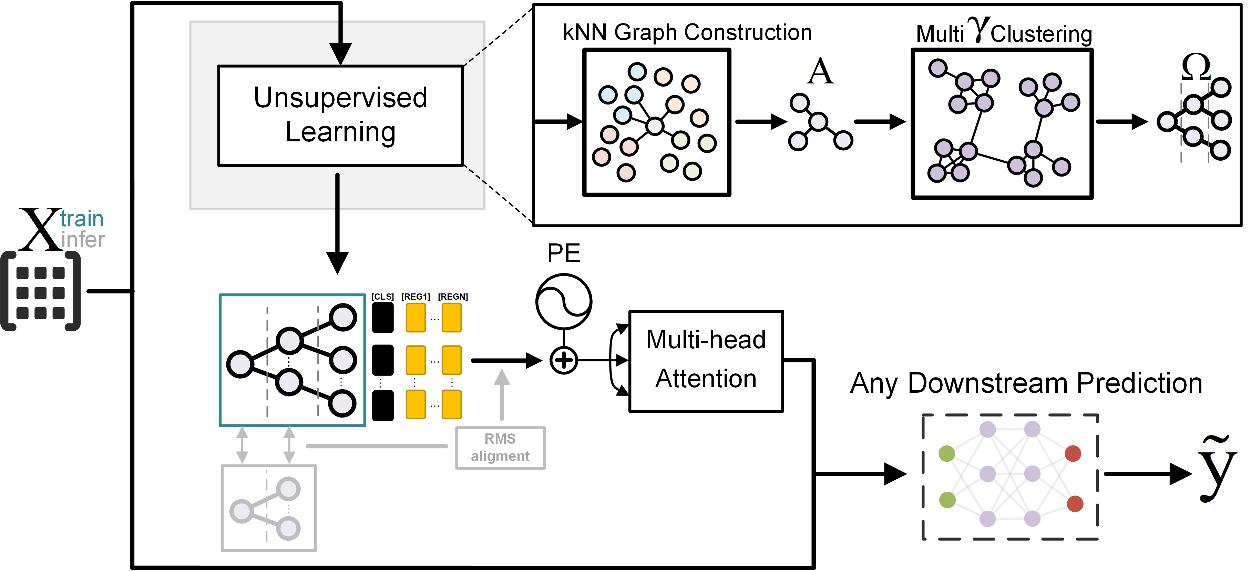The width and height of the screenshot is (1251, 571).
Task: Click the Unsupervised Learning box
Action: click(x=340, y=116)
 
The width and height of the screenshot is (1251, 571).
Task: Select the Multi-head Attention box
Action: click(x=706, y=361)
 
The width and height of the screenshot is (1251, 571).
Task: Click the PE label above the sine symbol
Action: click(x=563, y=253)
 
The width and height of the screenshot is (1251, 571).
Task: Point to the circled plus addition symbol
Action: click(x=563, y=361)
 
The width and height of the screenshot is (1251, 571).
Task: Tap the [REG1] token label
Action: click(x=416, y=297)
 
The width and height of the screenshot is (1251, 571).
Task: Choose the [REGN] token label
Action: click(x=453, y=297)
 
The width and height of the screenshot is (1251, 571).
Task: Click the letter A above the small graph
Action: click(x=820, y=71)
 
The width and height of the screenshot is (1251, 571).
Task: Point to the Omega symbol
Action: click(x=1196, y=67)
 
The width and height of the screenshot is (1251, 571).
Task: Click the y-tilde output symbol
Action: click(x=1217, y=471)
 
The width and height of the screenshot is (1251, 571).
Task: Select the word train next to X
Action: click(x=82, y=219)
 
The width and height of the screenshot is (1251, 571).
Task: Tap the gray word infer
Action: click(x=83, y=240)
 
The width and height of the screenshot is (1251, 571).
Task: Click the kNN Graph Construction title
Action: click(x=687, y=32)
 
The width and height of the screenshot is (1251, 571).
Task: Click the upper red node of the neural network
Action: click(x=1073, y=453)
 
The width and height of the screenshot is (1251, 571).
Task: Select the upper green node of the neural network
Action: click(x=946, y=453)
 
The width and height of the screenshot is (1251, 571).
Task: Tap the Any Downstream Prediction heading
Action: click(x=1026, y=383)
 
